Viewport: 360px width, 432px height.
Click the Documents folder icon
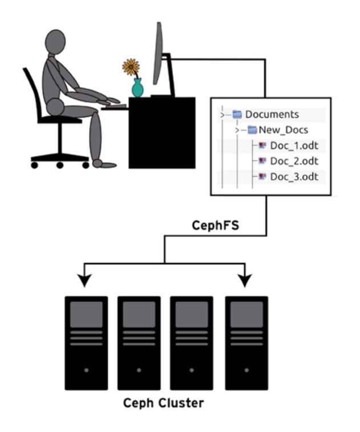(237, 115)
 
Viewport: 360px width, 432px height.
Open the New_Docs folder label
(283, 130)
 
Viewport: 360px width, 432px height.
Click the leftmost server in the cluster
(86, 342)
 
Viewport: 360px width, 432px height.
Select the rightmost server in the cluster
(246, 342)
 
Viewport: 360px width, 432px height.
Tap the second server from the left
(139, 342)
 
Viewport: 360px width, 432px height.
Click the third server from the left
(192, 342)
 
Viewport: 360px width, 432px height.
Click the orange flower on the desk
(131, 67)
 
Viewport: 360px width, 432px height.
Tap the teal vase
(137, 88)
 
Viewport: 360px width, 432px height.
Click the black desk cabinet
(161, 132)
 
